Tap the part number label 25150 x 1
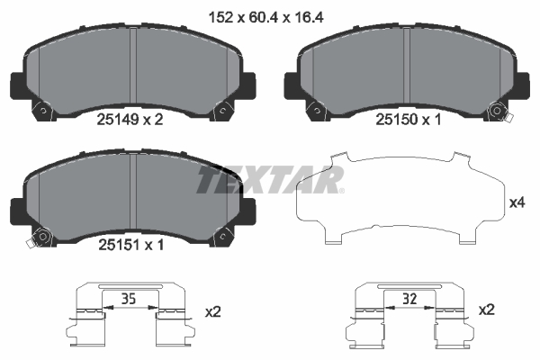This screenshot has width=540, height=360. tap(406, 120)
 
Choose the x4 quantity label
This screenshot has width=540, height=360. tap(517, 203)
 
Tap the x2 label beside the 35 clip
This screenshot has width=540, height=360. tap(212, 311)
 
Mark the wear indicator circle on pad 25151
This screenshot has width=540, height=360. tap(38, 240)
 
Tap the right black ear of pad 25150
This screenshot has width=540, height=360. tap(520, 85)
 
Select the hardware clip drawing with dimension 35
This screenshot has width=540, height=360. tap(131, 315)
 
